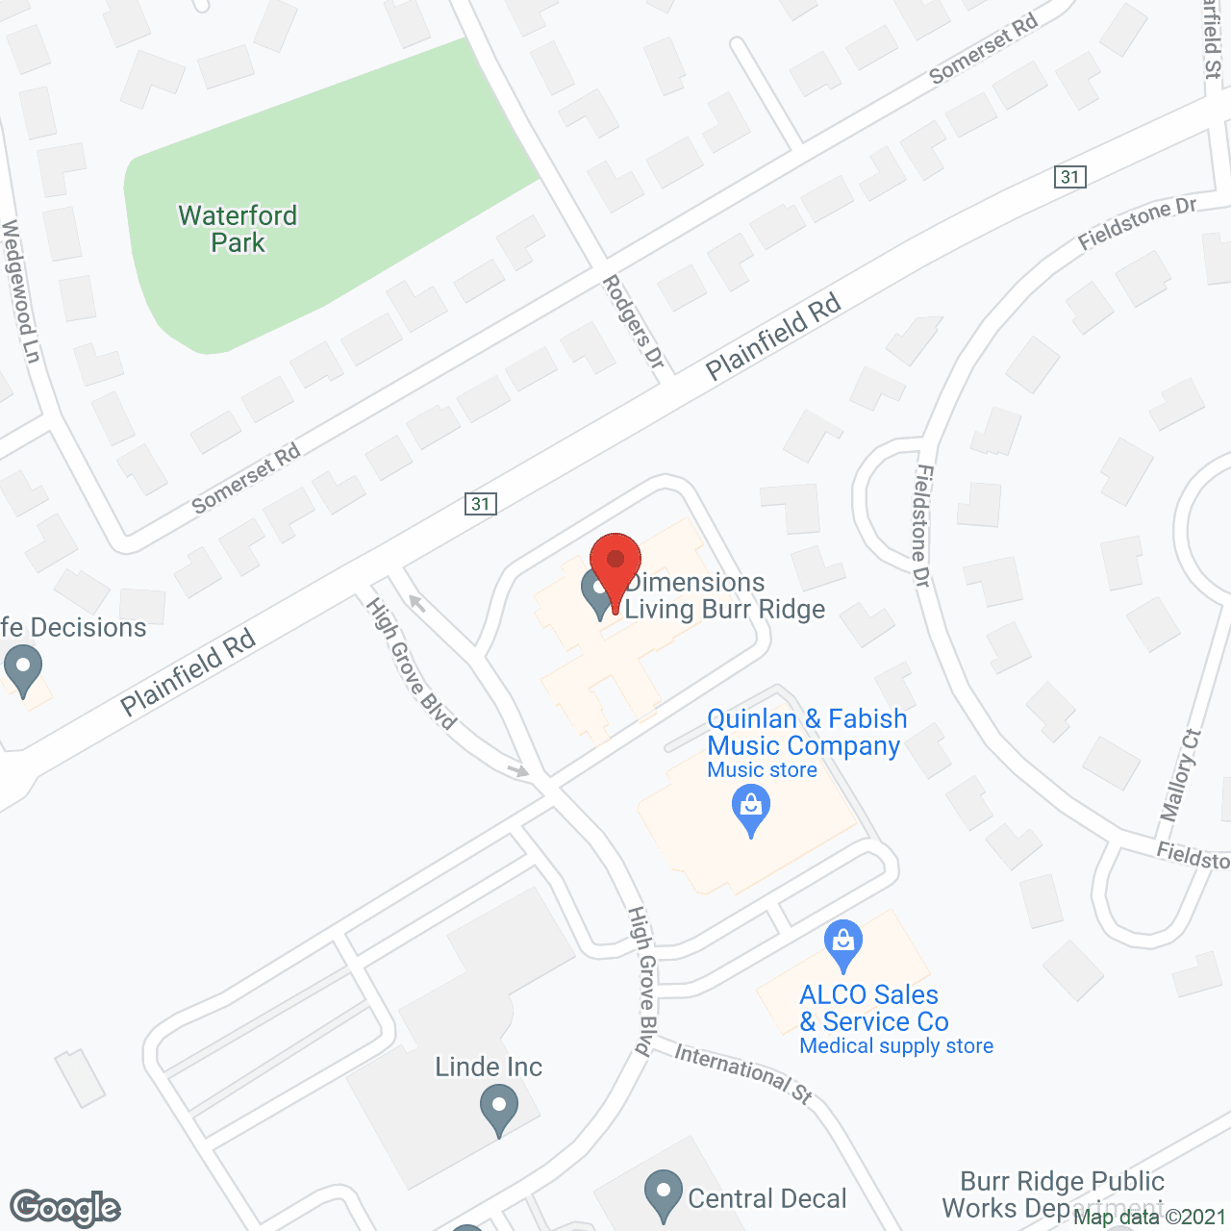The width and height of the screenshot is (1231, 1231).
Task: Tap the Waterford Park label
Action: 238,229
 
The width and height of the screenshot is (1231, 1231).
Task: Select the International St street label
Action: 743,1072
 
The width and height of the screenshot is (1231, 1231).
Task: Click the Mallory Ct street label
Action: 1180,775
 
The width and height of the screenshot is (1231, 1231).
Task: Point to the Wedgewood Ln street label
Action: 20,292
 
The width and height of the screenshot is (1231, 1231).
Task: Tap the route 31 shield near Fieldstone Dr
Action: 1070,177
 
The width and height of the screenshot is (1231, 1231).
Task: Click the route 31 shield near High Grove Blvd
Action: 481,504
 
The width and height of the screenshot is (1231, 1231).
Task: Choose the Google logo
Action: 65,1208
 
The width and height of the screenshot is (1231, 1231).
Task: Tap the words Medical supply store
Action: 896,1046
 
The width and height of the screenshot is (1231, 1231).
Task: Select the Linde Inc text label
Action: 489,1067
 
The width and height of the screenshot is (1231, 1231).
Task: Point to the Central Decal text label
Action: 767,1198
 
